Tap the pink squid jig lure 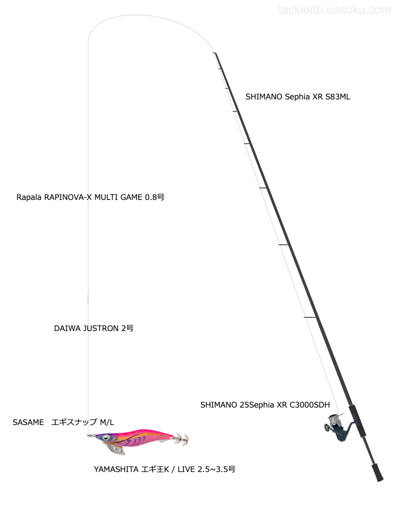pyautogui.click(x=136, y=439)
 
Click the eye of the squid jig pyautogui.click(x=105, y=437)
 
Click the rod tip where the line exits pyautogui.click(x=215, y=53)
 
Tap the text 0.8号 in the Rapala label pyautogui.click(x=154, y=197)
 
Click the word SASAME pyautogui.click(x=28, y=422)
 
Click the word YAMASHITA pyautogui.click(x=116, y=469)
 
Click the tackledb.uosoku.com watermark pyautogui.click(x=334, y=10)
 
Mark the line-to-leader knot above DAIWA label pyautogui.click(x=88, y=298)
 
